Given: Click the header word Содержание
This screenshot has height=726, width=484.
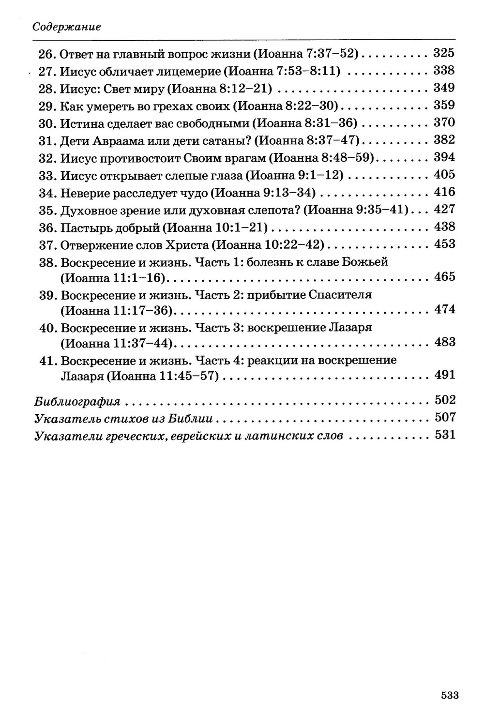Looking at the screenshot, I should click(x=66, y=27).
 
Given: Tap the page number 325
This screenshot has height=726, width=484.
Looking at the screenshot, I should click(x=443, y=53).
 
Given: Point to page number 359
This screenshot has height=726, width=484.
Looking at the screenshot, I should click(x=443, y=106).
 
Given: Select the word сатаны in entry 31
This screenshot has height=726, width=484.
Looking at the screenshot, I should click(x=227, y=140).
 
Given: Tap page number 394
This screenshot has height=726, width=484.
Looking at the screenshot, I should click(x=443, y=157).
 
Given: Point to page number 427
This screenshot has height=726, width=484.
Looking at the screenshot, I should click(x=444, y=210).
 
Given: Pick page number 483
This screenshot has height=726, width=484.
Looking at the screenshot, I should click(x=444, y=342).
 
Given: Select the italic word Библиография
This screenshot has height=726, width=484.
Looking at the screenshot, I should click(x=77, y=401).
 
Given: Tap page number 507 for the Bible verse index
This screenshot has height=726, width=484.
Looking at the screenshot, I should click(x=444, y=417).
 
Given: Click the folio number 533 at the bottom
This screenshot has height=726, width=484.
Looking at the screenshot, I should click(x=449, y=696).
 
